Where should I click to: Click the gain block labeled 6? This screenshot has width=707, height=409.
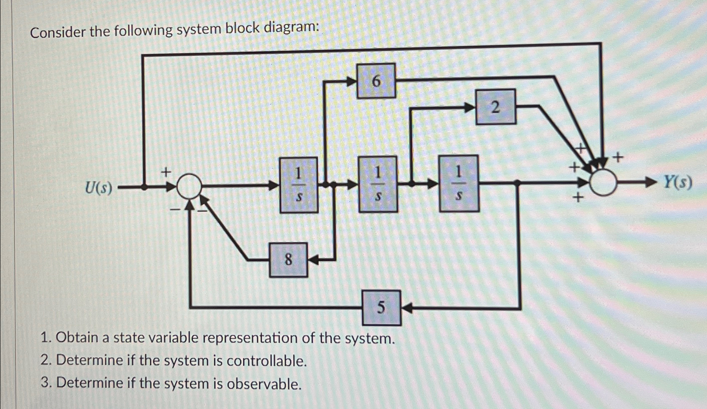376,81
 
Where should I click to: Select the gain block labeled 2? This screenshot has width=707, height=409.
496,107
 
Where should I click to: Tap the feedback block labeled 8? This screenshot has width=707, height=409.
288,260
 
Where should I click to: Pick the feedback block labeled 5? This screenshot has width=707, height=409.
382,308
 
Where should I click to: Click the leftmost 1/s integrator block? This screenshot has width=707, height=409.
299,185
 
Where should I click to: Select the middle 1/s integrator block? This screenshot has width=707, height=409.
378,184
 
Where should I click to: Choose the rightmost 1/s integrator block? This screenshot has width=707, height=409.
459,183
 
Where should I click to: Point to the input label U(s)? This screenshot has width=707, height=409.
99,188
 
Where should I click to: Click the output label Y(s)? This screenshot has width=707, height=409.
677,182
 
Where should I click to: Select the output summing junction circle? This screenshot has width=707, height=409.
603,182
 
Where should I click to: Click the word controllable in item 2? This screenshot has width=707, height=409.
266,361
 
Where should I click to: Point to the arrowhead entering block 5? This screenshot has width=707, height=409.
407,308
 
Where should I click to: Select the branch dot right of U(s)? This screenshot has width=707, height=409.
144,187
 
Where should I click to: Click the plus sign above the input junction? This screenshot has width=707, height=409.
166,171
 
